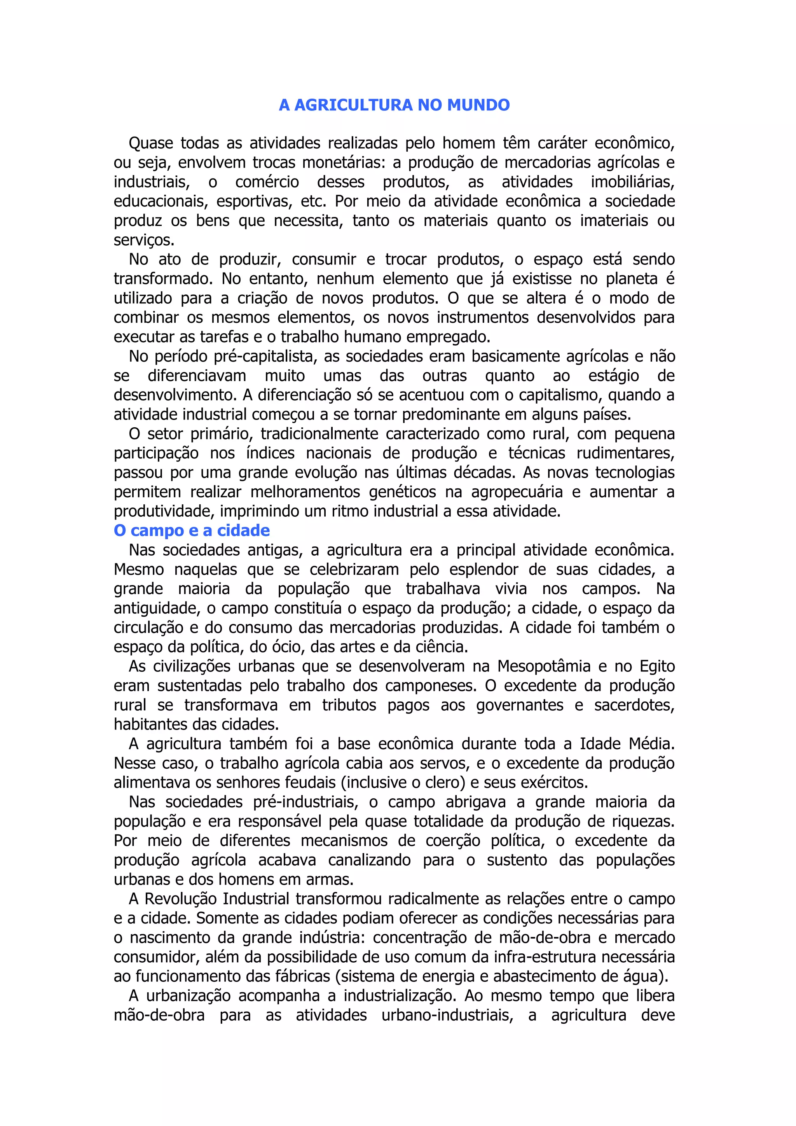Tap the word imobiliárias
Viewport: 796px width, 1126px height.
(632, 182)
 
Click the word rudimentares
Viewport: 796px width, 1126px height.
(625, 453)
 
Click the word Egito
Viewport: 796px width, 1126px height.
(657, 666)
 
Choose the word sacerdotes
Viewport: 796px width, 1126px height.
(634, 705)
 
